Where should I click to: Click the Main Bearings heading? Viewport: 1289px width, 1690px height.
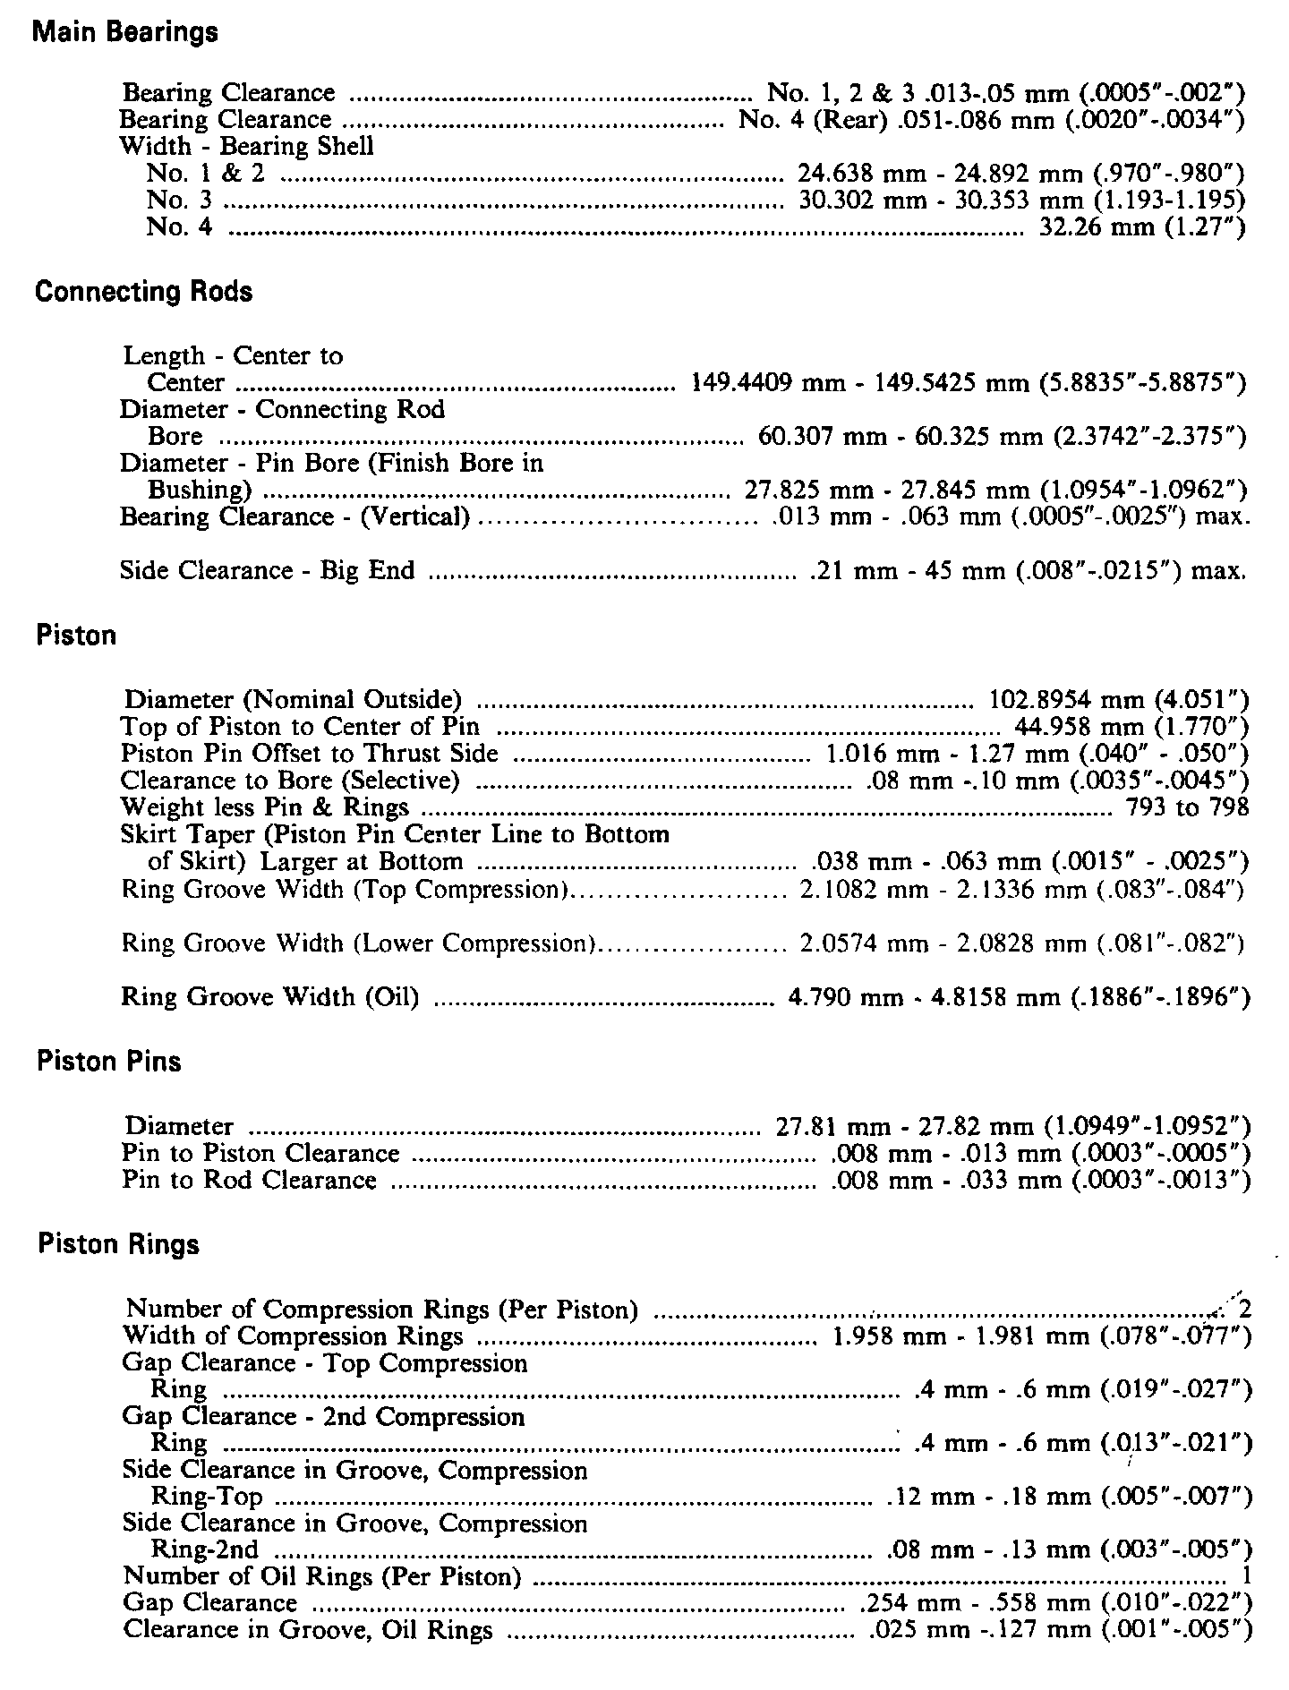(x=125, y=33)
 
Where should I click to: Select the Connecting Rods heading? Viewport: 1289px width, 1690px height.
(x=143, y=292)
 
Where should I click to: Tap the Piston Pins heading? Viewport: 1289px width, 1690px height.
(x=108, y=1062)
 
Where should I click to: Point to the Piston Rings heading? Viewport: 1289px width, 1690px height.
(x=118, y=1245)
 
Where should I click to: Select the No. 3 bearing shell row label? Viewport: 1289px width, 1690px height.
(x=179, y=200)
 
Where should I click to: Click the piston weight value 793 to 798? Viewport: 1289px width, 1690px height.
(x=1179, y=807)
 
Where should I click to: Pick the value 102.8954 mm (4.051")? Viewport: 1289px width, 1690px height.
(x=1118, y=699)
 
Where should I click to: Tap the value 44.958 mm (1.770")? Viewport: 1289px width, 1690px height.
(x=1131, y=726)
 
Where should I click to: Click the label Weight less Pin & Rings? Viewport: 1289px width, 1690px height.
(x=265, y=807)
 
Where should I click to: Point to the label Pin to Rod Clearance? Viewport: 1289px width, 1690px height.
(x=250, y=1180)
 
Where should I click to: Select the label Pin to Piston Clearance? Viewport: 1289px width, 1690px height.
(x=260, y=1153)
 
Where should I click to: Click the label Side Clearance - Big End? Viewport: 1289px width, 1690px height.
(x=268, y=571)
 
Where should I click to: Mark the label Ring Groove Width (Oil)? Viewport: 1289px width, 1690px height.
(x=270, y=996)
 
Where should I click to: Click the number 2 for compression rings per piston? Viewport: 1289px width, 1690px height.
(x=1243, y=1310)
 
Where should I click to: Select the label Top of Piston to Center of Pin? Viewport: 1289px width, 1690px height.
(x=300, y=726)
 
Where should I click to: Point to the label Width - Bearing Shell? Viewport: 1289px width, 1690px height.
(x=247, y=146)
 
